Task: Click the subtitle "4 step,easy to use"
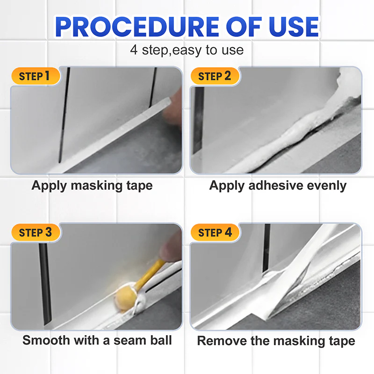[187, 50]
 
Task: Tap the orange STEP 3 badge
[35, 232]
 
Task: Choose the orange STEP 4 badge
[215, 232]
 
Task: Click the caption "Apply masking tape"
[92, 185]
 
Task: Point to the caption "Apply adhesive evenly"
[278, 185]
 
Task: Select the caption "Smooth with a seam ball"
[97, 340]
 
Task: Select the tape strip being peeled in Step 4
[299, 266]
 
